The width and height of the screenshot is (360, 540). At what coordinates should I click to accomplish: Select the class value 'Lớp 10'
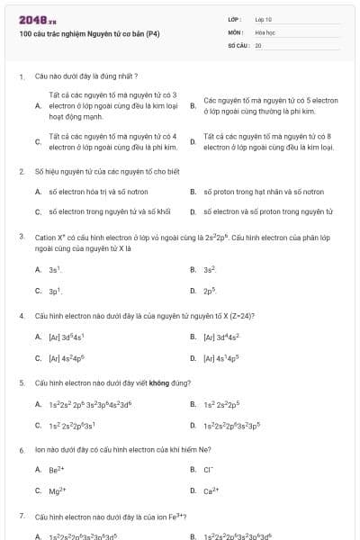[x=264, y=19]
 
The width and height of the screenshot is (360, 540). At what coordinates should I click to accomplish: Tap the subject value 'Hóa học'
[x=265, y=31]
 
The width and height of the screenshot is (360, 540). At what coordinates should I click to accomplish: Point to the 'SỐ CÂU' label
[x=238, y=44]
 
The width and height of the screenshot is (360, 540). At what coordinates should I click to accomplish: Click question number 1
[x=21, y=76]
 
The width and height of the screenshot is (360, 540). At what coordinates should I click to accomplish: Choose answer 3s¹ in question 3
[x=55, y=270]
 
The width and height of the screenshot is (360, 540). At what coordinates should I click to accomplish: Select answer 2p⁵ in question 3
[x=210, y=292]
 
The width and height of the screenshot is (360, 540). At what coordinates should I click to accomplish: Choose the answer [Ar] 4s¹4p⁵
[x=221, y=358]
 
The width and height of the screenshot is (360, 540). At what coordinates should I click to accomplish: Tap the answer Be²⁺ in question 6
[x=56, y=470]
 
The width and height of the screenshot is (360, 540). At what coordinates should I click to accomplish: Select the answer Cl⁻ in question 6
[x=208, y=470]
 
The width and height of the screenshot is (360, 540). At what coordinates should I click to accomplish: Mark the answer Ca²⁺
[x=210, y=491]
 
